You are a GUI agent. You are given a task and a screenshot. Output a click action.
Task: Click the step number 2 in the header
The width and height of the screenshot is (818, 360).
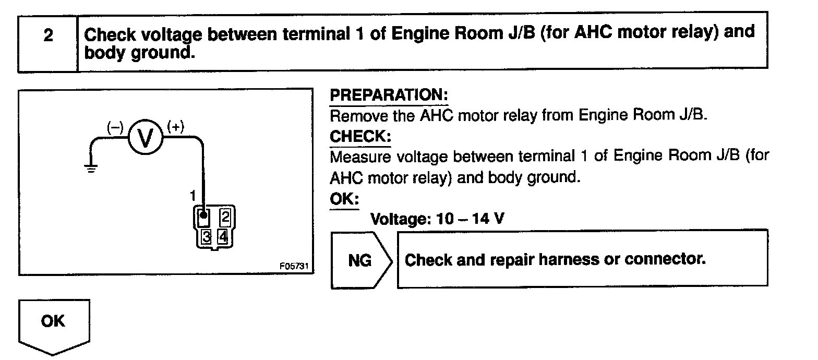48,37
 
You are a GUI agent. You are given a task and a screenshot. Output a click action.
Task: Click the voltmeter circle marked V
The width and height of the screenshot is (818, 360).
146,138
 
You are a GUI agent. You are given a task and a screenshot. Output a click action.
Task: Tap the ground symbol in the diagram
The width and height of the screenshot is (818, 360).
91,168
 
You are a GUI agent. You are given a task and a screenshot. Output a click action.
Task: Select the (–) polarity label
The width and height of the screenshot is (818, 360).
115,127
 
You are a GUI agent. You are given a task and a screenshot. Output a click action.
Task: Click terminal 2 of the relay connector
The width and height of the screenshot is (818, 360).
225,215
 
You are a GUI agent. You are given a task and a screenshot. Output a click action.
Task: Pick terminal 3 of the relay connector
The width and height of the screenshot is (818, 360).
207,237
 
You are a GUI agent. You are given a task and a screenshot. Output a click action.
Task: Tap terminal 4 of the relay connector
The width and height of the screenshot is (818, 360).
223,237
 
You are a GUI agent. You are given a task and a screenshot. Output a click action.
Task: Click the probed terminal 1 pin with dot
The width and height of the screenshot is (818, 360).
204,215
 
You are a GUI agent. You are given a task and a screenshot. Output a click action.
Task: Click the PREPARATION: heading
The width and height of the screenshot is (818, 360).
389,95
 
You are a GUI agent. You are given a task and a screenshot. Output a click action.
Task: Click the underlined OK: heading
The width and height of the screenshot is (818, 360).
344,199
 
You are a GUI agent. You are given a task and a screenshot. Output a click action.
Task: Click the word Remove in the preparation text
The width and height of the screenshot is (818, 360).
359,115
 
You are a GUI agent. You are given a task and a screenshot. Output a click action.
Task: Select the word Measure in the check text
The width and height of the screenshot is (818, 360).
362,157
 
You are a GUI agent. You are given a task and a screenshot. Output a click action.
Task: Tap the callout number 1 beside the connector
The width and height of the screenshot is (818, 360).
193,196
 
